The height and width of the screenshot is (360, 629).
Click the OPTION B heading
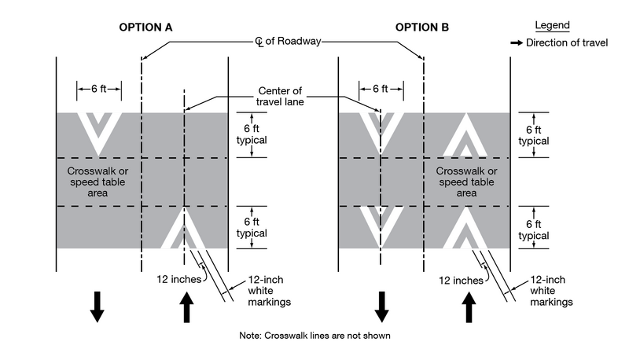[422, 28]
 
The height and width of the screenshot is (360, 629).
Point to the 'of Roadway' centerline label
[288, 41]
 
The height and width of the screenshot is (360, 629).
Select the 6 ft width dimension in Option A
[98, 89]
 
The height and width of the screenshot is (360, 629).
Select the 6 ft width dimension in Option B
[381, 89]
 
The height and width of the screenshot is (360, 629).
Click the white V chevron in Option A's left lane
[98, 132]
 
